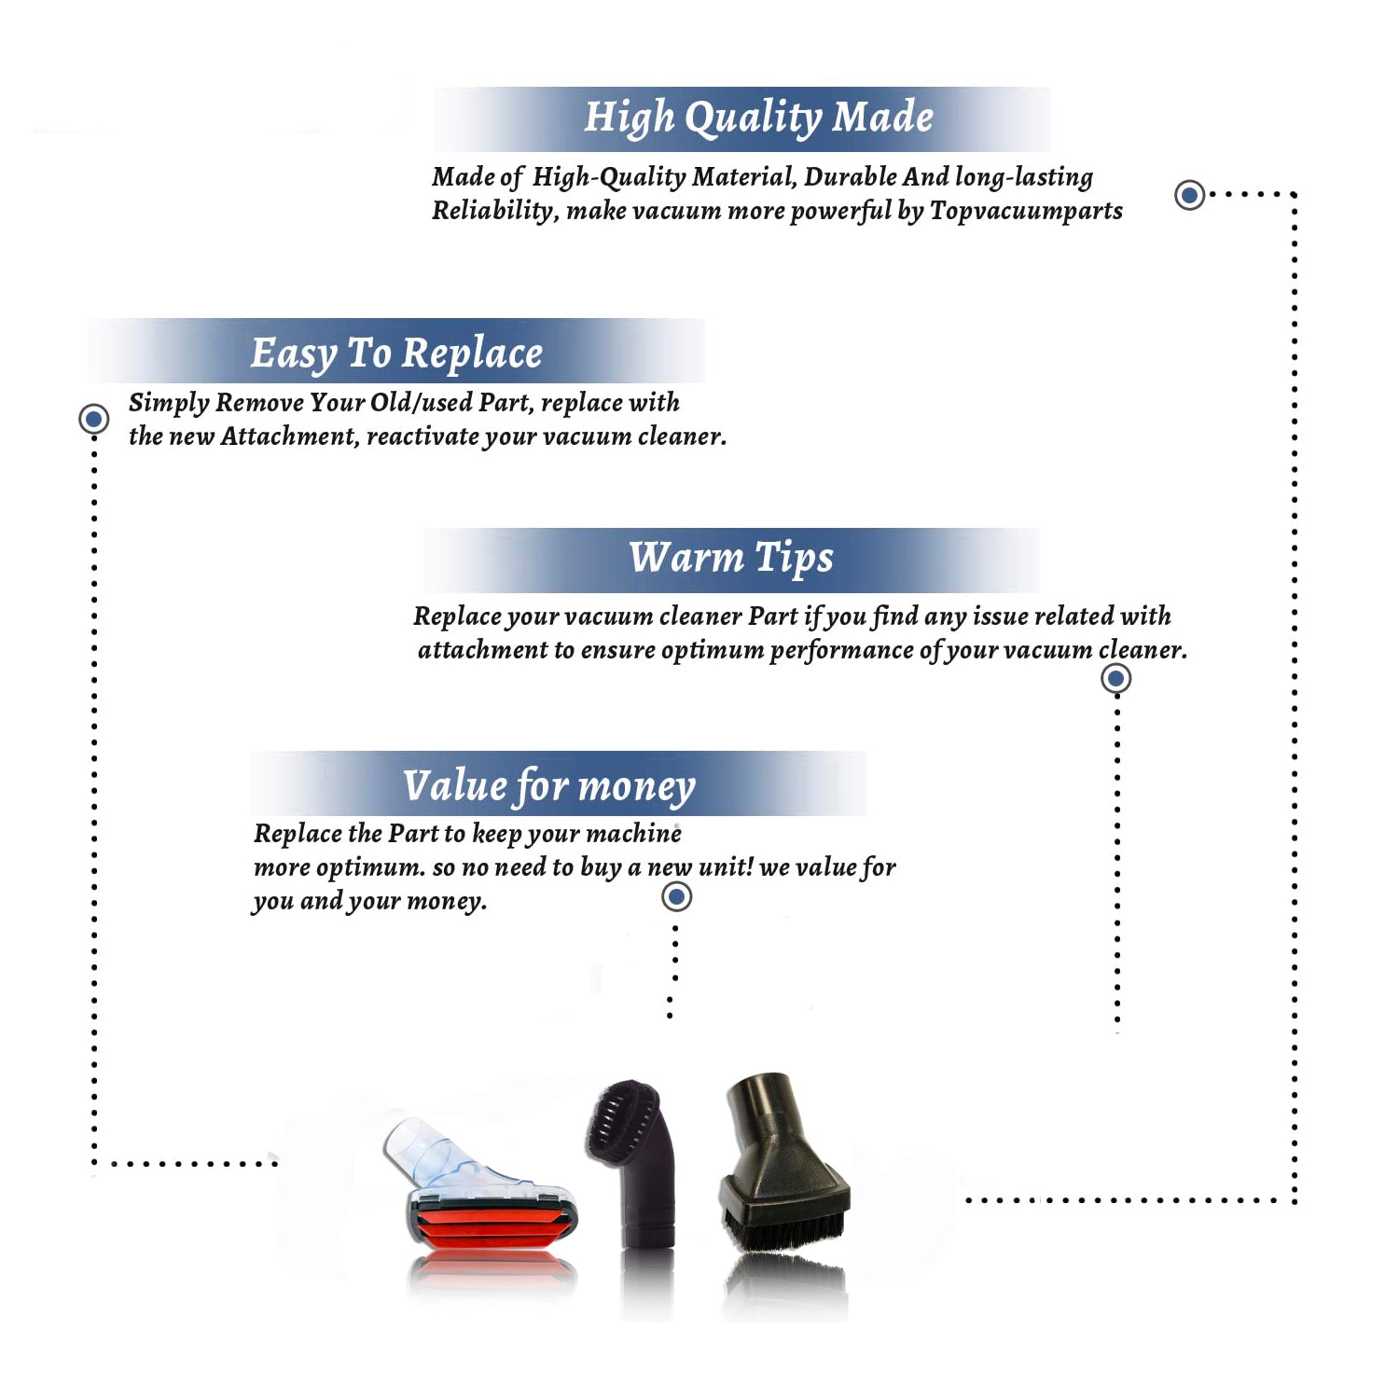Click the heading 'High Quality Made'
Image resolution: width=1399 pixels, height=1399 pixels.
pos(758,118)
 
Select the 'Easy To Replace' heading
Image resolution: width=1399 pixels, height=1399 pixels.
pos(396,354)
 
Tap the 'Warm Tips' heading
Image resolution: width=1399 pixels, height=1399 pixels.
pos(731,559)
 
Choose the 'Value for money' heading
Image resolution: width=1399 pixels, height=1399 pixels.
pos(549,786)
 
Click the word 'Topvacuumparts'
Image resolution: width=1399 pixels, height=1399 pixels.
pos(1026,212)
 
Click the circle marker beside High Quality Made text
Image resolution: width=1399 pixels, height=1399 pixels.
pos(1189,195)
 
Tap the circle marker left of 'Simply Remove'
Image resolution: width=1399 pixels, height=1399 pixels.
pos(93,419)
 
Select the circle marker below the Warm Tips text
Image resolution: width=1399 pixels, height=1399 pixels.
pos(1115,678)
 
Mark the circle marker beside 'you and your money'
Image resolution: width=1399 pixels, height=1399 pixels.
pos(676,897)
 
